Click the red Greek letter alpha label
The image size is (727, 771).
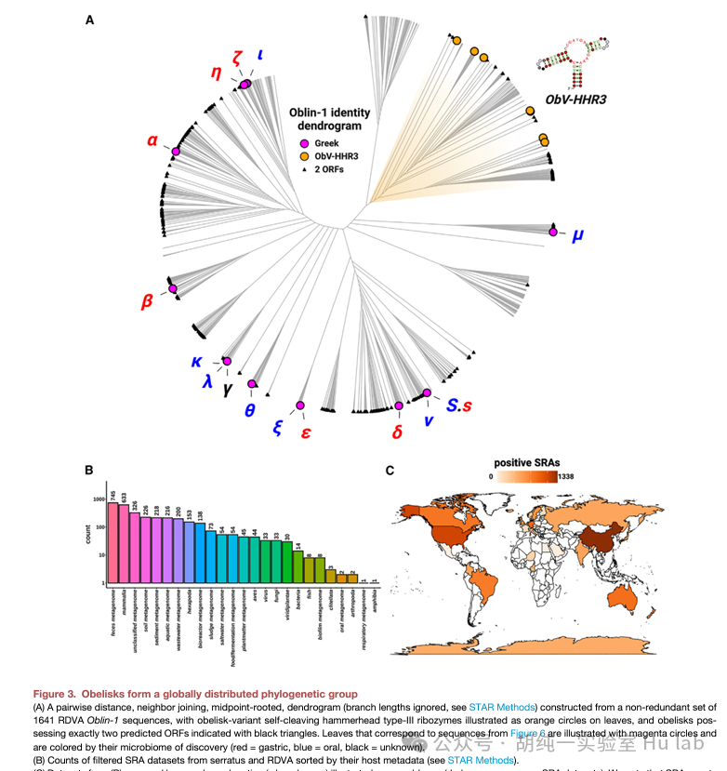(152, 142)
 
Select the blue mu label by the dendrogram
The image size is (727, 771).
(578, 235)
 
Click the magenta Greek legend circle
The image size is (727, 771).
(303, 143)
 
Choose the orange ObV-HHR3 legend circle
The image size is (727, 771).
(303, 156)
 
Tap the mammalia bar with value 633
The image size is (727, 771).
(124, 545)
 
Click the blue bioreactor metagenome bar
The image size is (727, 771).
(200, 552)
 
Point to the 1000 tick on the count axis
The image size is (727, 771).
(99, 500)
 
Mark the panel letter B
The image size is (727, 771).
(90, 470)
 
